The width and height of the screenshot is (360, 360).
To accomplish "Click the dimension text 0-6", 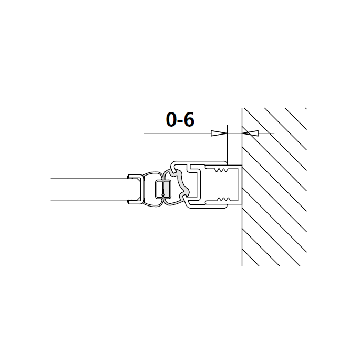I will [x=180, y=120].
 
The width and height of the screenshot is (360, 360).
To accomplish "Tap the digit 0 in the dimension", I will [x=171, y=120].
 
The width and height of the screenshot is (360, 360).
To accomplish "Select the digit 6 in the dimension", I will [x=189, y=120].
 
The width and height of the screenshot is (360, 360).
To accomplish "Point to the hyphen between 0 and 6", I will [x=180, y=122].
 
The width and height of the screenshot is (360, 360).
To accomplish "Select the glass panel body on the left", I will [x=89, y=189].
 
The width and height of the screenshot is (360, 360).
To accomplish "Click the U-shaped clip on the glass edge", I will [x=135, y=189].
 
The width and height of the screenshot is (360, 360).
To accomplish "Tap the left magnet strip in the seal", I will [x=158, y=190].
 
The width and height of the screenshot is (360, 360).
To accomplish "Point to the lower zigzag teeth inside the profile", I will [x=222, y=199].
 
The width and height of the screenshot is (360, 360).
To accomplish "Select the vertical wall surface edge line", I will [x=242, y=236].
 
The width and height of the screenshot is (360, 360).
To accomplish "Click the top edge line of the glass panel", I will [x=89, y=179].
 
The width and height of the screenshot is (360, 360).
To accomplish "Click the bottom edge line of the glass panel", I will [x=89, y=200].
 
